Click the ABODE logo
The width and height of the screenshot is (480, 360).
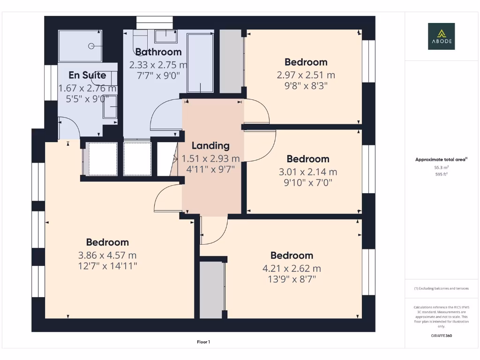click(x=441, y=37)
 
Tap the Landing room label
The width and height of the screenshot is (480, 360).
click(x=210, y=146)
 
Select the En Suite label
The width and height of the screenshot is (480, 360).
click(x=87, y=75)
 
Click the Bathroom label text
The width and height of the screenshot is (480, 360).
click(x=158, y=52)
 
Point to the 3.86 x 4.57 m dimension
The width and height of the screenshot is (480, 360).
click(x=107, y=255)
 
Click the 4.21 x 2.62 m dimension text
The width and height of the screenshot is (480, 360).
click(x=292, y=269)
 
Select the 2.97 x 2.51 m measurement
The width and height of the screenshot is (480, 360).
click(x=306, y=75)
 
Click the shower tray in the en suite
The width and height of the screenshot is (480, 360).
click(x=80, y=46)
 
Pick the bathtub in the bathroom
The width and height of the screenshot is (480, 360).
click(x=200, y=63)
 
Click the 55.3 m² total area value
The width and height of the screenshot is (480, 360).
click(x=441, y=167)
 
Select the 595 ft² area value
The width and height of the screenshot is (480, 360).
click(x=441, y=173)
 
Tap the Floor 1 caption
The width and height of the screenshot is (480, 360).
click(x=203, y=342)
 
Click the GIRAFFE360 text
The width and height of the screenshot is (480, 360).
click(x=441, y=336)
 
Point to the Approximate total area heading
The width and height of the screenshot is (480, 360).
click(x=441, y=159)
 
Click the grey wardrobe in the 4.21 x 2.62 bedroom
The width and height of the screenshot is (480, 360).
click(x=211, y=290)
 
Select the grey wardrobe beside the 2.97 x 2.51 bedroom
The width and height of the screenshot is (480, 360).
click(x=231, y=61)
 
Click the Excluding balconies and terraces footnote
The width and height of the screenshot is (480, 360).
click(x=441, y=288)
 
